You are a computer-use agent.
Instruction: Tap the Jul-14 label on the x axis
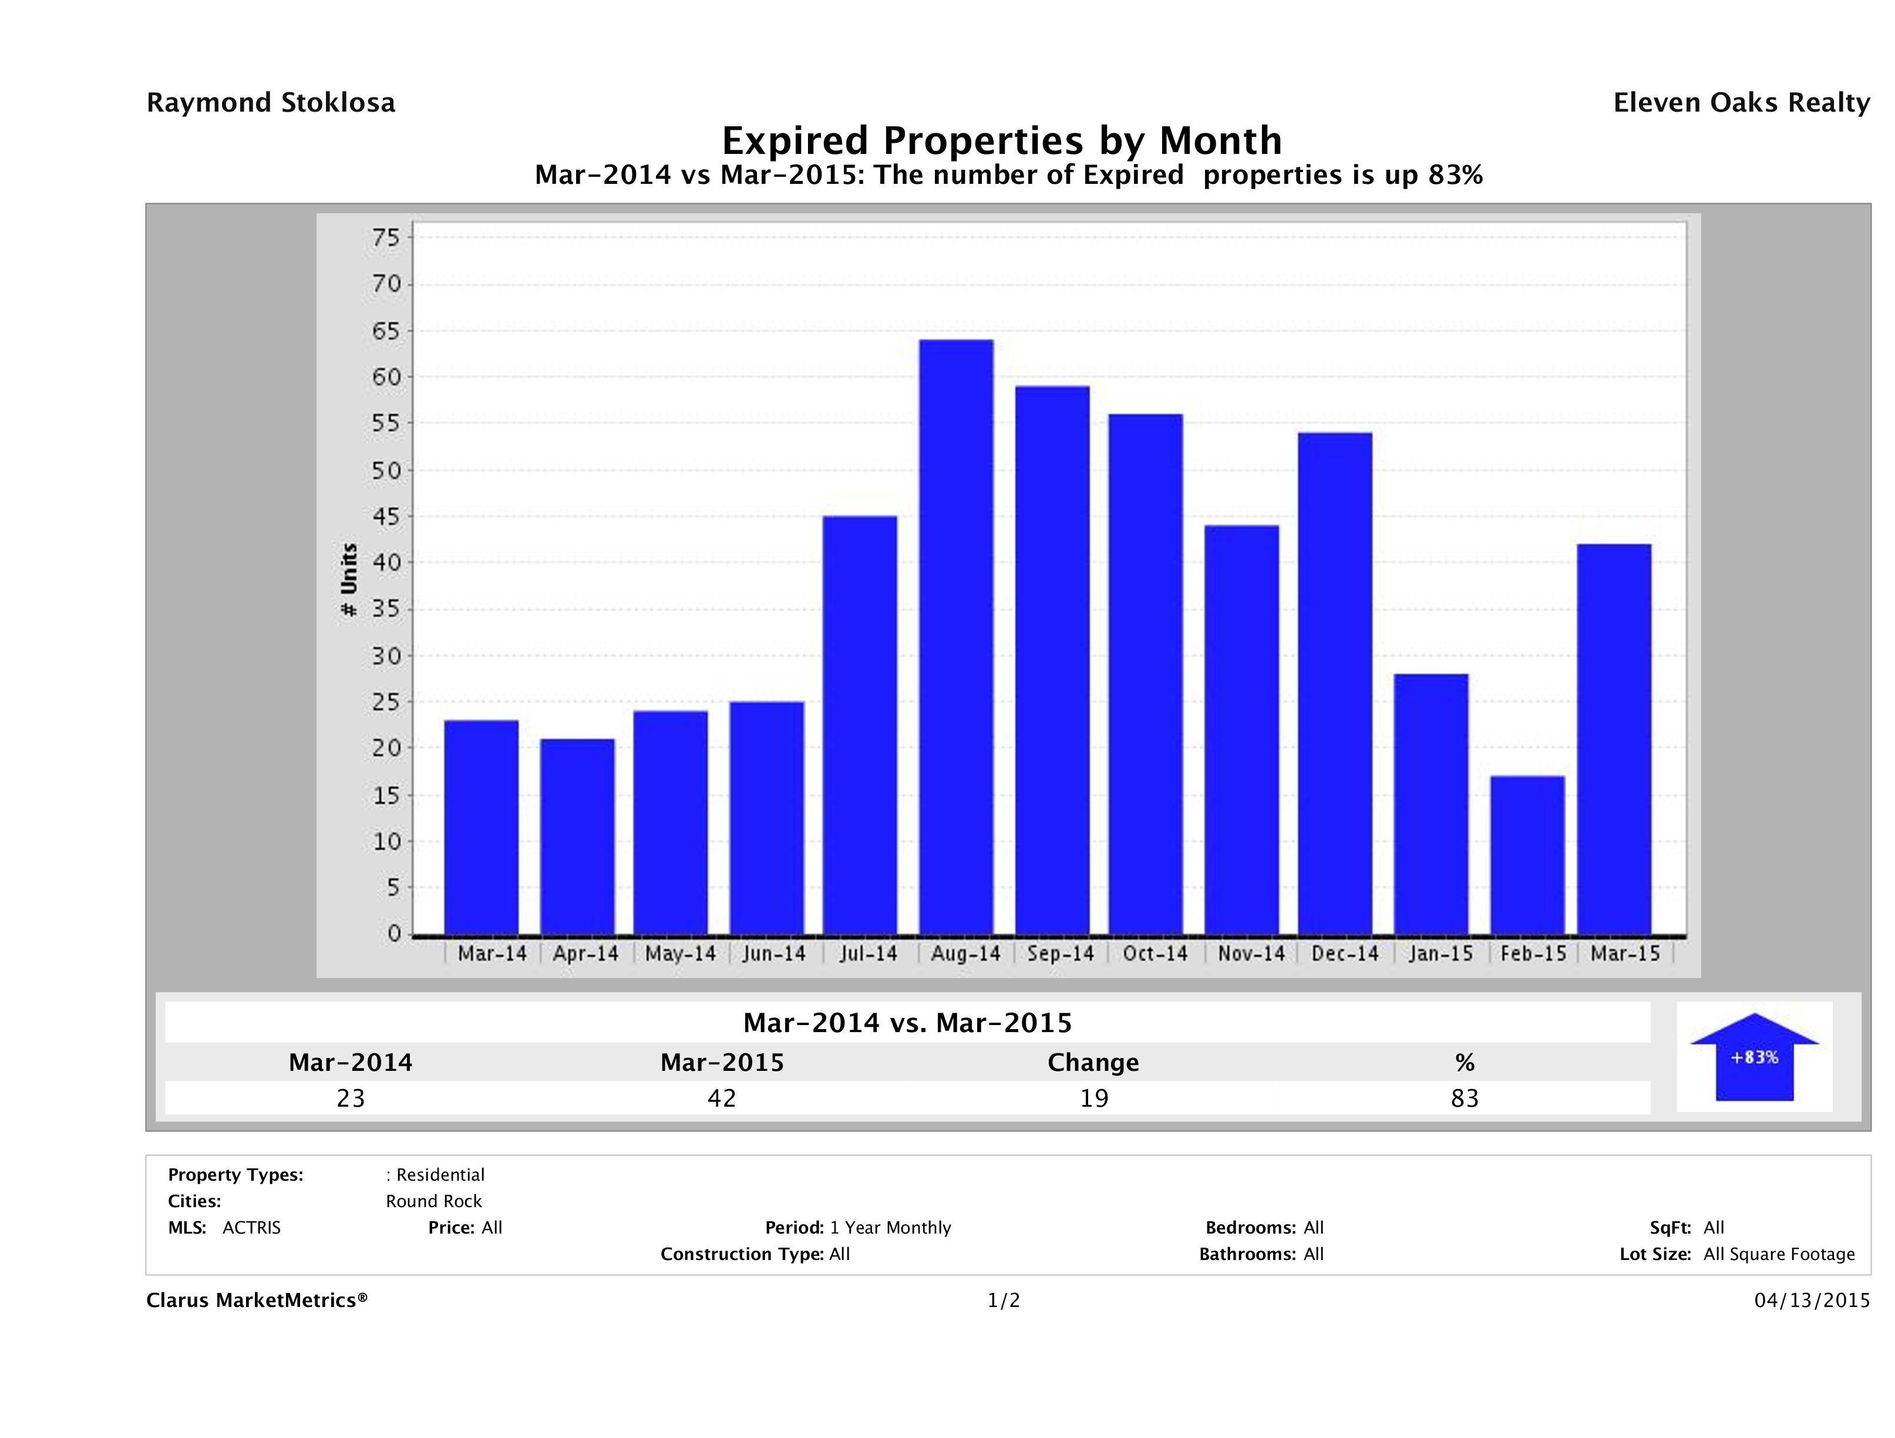pos(868,954)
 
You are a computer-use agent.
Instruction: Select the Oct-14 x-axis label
pos(1155,954)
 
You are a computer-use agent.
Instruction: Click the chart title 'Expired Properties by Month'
pos(1001,140)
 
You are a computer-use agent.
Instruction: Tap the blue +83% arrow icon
pos(1753,1057)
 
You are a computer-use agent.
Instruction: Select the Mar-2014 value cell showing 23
pos(351,1098)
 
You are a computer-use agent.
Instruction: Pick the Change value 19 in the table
pos(1094,1098)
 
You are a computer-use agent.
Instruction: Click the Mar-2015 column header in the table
pos(721,1063)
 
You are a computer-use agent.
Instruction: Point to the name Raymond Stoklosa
pos(271,103)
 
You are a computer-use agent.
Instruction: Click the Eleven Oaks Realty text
pos(1741,103)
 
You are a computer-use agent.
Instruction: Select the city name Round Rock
pos(433,1201)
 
